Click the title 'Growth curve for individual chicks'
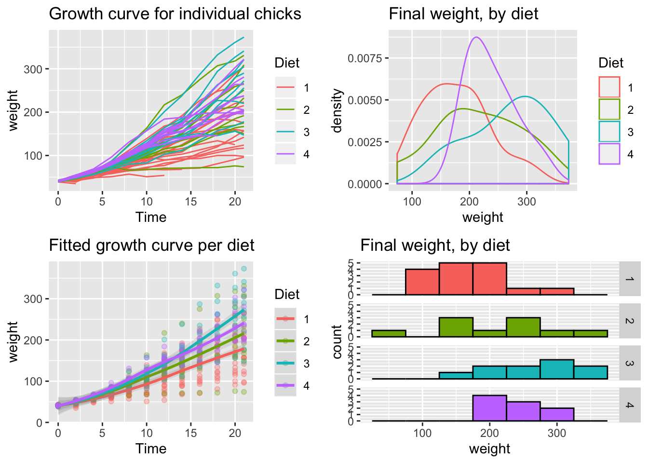tap(175, 14)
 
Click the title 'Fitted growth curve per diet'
tap(151, 245)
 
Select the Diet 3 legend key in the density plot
tap(609, 132)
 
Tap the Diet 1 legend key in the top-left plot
tap(285, 88)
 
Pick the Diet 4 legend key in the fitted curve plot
tap(285, 385)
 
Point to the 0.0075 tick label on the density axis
tap(364, 58)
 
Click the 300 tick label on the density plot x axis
tap(526, 202)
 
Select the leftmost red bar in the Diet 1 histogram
tap(422, 282)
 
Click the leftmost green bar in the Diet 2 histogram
tap(389, 334)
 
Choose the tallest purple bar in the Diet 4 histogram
tap(489, 409)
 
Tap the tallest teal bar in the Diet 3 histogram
tap(557, 369)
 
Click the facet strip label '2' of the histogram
tap(629, 321)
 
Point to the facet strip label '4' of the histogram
tap(629, 405)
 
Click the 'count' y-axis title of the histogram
tap(337, 342)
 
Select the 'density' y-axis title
tap(337, 110)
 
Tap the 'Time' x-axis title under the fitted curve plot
tap(151, 449)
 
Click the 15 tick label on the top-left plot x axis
tap(191, 202)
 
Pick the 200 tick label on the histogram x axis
tap(489, 433)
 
